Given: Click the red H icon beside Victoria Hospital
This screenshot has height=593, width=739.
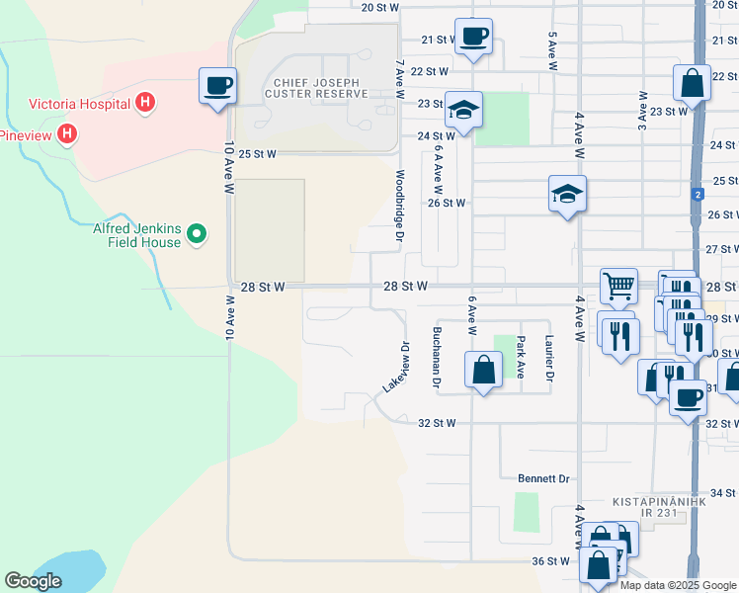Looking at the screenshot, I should click(145, 102).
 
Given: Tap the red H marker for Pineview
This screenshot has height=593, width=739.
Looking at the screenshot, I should click(67, 133).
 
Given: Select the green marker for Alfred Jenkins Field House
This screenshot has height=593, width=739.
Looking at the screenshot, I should click(197, 233).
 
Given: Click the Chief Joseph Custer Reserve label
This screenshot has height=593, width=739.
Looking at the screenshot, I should click(316, 88).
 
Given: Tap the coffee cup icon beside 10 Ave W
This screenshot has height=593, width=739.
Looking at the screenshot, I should click(217, 85).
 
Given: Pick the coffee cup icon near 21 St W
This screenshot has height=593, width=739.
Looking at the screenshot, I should click(473, 37).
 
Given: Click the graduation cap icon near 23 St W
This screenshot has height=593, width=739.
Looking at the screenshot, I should click(462, 110).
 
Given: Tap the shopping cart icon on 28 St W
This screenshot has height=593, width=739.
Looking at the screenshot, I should click(618, 287).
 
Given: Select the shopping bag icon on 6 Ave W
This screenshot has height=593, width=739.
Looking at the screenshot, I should click(483, 371).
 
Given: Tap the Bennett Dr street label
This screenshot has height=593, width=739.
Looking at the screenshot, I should click(544, 478).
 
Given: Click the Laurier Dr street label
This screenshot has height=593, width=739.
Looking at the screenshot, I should click(550, 358).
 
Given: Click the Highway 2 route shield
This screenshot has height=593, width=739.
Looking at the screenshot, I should click(698, 194).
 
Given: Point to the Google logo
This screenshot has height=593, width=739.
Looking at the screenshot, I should click(33, 581).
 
